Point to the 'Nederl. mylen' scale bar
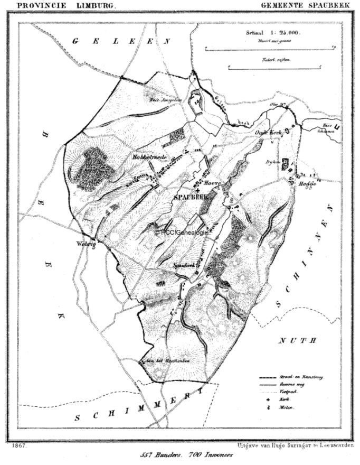[x=275, y=67]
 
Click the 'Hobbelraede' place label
[x=149, y=157]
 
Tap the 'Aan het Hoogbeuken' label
[x=165, y=361]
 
